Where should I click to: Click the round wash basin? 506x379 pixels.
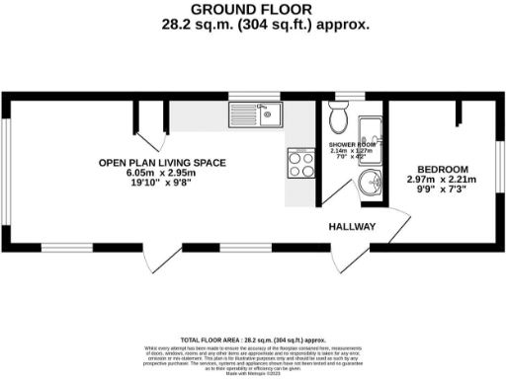pos(372,182)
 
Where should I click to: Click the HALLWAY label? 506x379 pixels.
pos(352,227)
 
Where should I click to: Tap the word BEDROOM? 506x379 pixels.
pos(443,168)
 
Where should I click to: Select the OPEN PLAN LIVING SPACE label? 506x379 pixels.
pos(163,162)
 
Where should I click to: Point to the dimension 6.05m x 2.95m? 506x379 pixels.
pos(163,173)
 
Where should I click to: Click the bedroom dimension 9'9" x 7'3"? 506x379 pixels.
pos(443,190)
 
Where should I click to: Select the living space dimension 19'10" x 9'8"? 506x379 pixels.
pos(163,184)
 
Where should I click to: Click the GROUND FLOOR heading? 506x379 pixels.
pos(253,9)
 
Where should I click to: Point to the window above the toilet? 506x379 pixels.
pos(341,97)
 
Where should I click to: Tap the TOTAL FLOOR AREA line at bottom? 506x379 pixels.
pos(253,338)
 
